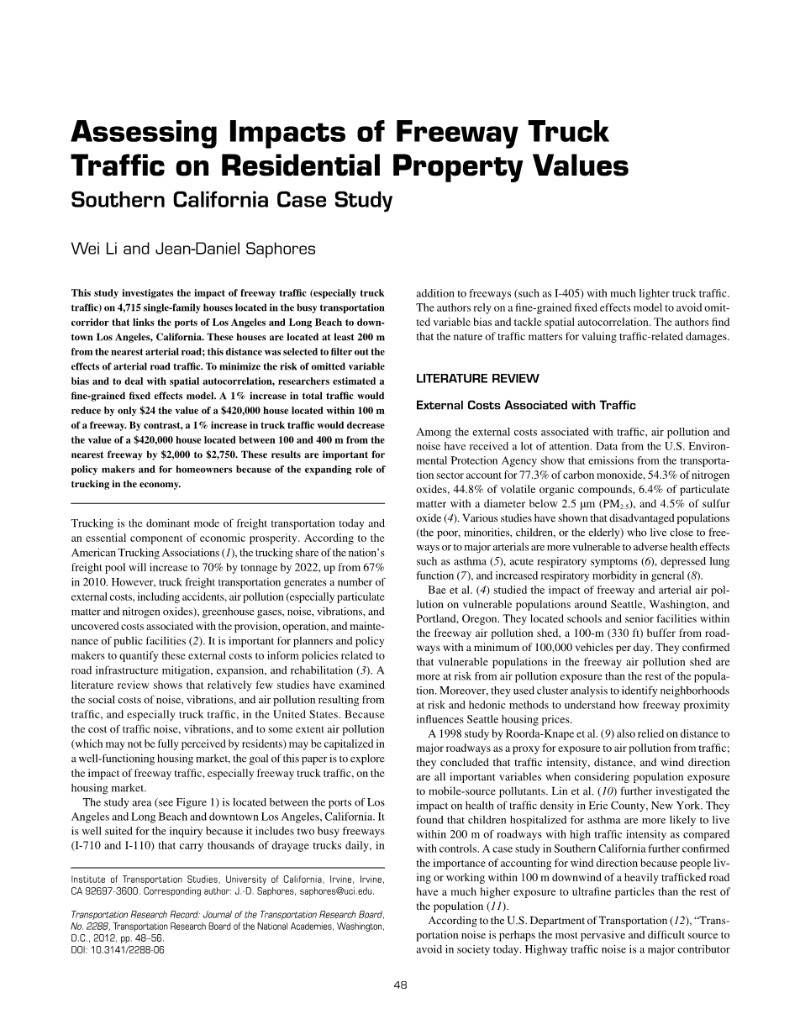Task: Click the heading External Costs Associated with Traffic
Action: click(526, 406)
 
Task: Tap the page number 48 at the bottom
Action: click(400, 985)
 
